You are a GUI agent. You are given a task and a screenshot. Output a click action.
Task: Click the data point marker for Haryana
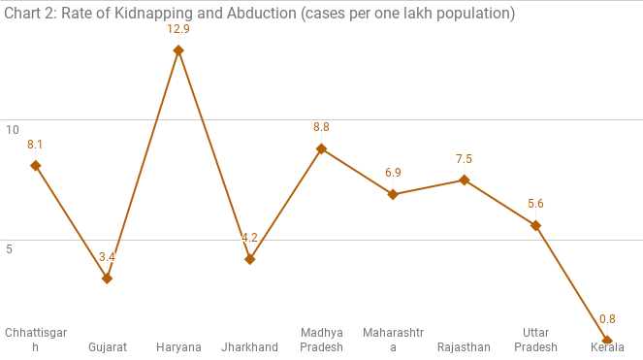coord(178,50)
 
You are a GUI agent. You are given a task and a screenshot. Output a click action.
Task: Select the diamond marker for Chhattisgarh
coord(36,165)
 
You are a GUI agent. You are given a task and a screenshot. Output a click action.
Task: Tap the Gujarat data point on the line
coord(107,278)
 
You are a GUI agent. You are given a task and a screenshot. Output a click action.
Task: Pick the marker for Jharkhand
coord(250,259)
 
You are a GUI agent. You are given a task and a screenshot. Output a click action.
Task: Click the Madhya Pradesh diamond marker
coord(321,148)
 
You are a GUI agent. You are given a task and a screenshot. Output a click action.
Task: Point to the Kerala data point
coord(607,341)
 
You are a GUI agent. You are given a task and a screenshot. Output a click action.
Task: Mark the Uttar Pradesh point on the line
coord(535,225)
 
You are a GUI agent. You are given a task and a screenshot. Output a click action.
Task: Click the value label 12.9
coord(178,30)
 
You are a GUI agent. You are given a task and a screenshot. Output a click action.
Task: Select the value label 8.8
coord(321,127)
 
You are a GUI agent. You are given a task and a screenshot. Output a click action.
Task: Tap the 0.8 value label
coord(607,319)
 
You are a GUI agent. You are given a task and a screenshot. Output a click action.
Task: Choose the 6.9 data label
coord(393,173)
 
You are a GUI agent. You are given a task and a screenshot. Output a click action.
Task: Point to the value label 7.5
coord(464,159)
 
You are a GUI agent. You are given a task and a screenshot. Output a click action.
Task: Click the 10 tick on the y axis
coord(13,130)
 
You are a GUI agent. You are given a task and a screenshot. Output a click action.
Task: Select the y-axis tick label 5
coord(10,249)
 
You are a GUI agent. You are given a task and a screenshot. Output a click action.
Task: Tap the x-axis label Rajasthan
coord(464,347)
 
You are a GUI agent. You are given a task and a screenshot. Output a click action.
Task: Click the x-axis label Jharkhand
coord(250,347)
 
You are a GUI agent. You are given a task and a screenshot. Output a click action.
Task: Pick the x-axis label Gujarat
coord(108,347)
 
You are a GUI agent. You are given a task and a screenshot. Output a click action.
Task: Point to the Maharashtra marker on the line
coord(393,194)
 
